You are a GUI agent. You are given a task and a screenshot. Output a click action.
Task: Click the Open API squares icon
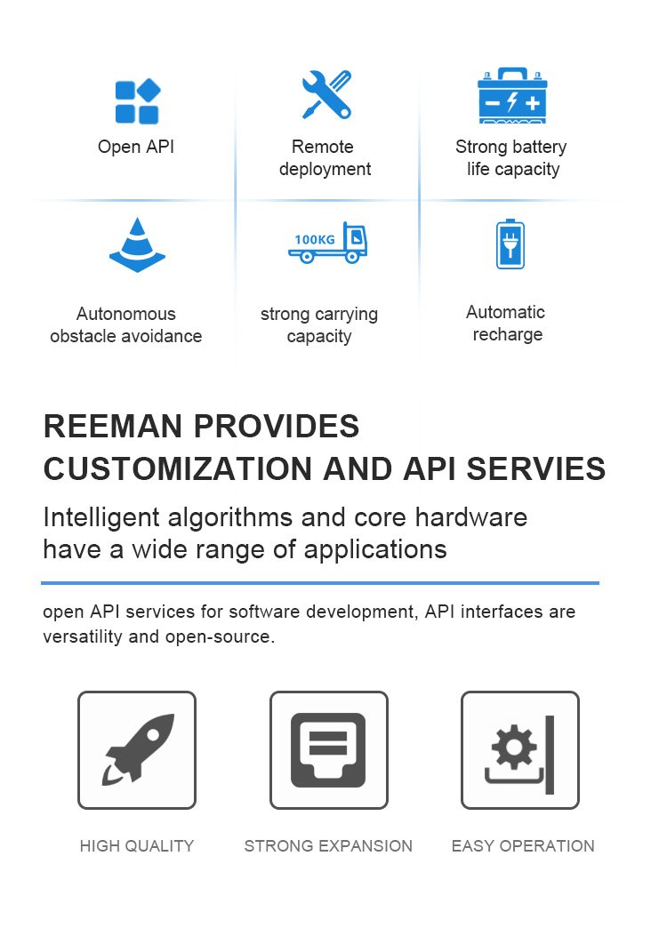tap(137, 101)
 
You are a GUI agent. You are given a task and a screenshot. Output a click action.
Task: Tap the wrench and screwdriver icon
tap(325, 95)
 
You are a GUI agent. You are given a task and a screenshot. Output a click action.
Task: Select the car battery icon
tap(511, 96)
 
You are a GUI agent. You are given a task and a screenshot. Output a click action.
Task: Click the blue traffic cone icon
tap(137, 245)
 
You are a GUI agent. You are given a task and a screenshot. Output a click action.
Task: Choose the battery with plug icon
tap(510, 244)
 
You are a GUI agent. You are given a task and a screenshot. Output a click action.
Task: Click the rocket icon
tap(137, 750)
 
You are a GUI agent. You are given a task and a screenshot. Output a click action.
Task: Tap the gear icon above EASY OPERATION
tap(515, 747)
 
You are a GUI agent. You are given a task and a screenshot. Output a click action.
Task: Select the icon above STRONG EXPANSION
tap(328, 750)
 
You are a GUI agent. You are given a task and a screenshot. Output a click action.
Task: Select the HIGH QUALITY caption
tap(137, 846)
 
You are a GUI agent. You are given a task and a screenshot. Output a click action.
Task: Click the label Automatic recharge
tap(506, 324)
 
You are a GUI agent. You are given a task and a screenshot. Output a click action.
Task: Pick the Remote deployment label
tap(325, 158)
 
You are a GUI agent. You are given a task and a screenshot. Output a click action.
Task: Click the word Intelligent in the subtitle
tap(101, 517)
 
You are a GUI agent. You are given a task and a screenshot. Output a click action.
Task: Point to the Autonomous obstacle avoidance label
tap(126, 325)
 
